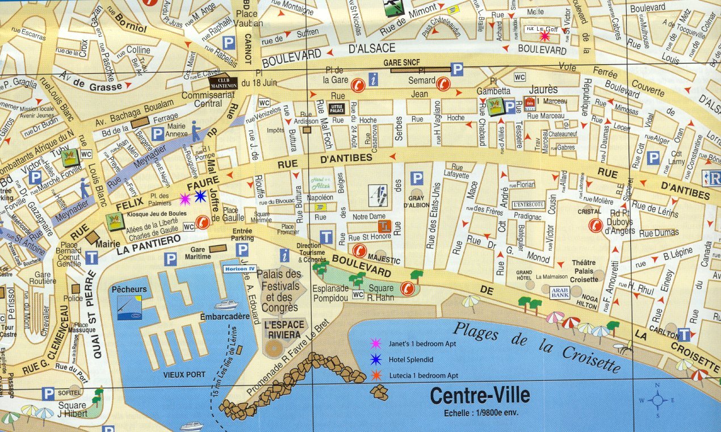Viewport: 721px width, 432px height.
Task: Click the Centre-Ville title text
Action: click(x=480, y=395)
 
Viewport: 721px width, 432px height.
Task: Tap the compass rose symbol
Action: click(x=657, y=400)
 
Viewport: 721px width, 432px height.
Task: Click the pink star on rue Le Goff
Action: click(x=544, y=36)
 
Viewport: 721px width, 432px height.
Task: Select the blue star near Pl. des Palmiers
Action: click(x=200, y=196)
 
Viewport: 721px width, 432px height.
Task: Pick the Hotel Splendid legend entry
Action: click(x=410, y=359)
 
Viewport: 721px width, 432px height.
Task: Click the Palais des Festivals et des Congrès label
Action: click(x=279, y=291)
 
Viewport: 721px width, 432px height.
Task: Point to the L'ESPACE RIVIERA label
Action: click(x=282, y=330)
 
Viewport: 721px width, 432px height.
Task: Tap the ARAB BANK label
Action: click(x=559, y=292)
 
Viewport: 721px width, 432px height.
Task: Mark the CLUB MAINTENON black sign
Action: click(x=223, y=83)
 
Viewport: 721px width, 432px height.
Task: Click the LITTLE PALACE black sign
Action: click(x=336, y=108)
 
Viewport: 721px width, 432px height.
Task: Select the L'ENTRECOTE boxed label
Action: click(x=528, y=204)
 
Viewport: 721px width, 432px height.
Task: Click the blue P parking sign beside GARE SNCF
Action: click(x=456, y=69)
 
